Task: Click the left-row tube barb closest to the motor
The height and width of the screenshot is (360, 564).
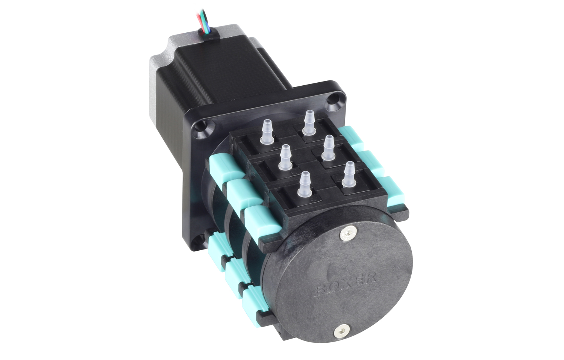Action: [267, 132]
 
